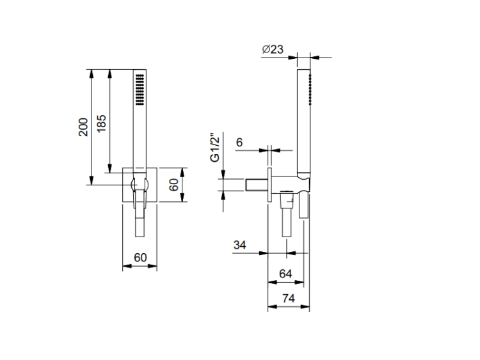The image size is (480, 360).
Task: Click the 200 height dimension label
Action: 83,127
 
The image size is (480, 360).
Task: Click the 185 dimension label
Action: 101,123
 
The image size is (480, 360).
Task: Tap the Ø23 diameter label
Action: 273,49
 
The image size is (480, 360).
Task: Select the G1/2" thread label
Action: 215,148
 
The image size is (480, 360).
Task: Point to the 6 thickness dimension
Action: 239,142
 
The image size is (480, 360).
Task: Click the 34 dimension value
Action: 240,245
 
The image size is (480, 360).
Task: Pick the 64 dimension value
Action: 285,274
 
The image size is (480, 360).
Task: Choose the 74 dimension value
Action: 289,298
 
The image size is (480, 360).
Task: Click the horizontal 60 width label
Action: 140,258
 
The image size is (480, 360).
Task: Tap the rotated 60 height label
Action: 174,184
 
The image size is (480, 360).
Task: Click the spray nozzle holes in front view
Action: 140,90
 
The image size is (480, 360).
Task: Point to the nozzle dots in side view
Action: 310,90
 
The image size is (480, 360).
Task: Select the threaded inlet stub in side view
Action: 257,184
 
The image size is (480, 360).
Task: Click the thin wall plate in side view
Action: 269,184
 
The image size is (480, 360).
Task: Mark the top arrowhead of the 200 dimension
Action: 91,73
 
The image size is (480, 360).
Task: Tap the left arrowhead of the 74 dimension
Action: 272,307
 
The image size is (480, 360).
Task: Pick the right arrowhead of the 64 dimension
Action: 300,282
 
